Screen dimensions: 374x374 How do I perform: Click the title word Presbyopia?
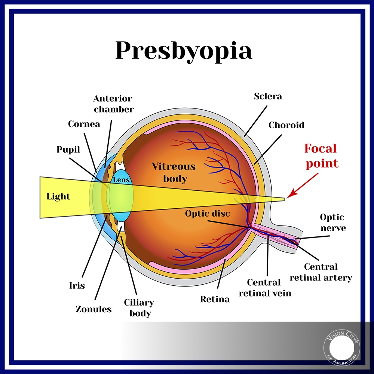pyautogui.click(x=184, y=51)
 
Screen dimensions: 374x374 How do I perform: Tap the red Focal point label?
pyautogui.click(x=321, y=156)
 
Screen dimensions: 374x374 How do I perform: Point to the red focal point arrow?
pyautogui.click(x=302, y=186)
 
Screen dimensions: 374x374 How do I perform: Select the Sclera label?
pyautogui.click(x=268, y=96)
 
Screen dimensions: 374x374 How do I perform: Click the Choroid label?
pyautogui.click(x=286, y=125)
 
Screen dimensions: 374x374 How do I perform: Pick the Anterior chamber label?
pyautogui.click(x=113, y=104)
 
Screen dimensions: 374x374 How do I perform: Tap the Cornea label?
pyautogui.click(x=84, y=124)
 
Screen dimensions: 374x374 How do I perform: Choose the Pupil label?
pyautogui.click(x=68, y=150)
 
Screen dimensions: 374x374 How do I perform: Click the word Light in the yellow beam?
pyautogui.click(x=58, y=197)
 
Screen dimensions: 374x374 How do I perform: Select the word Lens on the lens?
pyautogui.click(x=121, y=180)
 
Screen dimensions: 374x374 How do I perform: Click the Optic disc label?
pyautogui.click(x=208, y=214)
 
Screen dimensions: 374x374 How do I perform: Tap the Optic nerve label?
pyautogui.click(x=333, y=223)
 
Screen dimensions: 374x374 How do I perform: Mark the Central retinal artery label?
pyautogui.click(x=321, y=272)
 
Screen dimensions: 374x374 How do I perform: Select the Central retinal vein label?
pyautogui.click(x=265, y=288)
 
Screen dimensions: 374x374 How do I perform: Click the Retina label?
pyautogui.click(x=215, y=299)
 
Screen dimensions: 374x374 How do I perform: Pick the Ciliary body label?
pyautogui.click(x=139, y=308)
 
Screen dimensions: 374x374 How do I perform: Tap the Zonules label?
pyautogui.click(x=93, y=309)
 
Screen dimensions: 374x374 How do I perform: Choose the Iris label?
pyautogui.click(x=77, y=285)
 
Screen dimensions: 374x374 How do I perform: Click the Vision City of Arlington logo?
pyautogui.click(x=341, y=347)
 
